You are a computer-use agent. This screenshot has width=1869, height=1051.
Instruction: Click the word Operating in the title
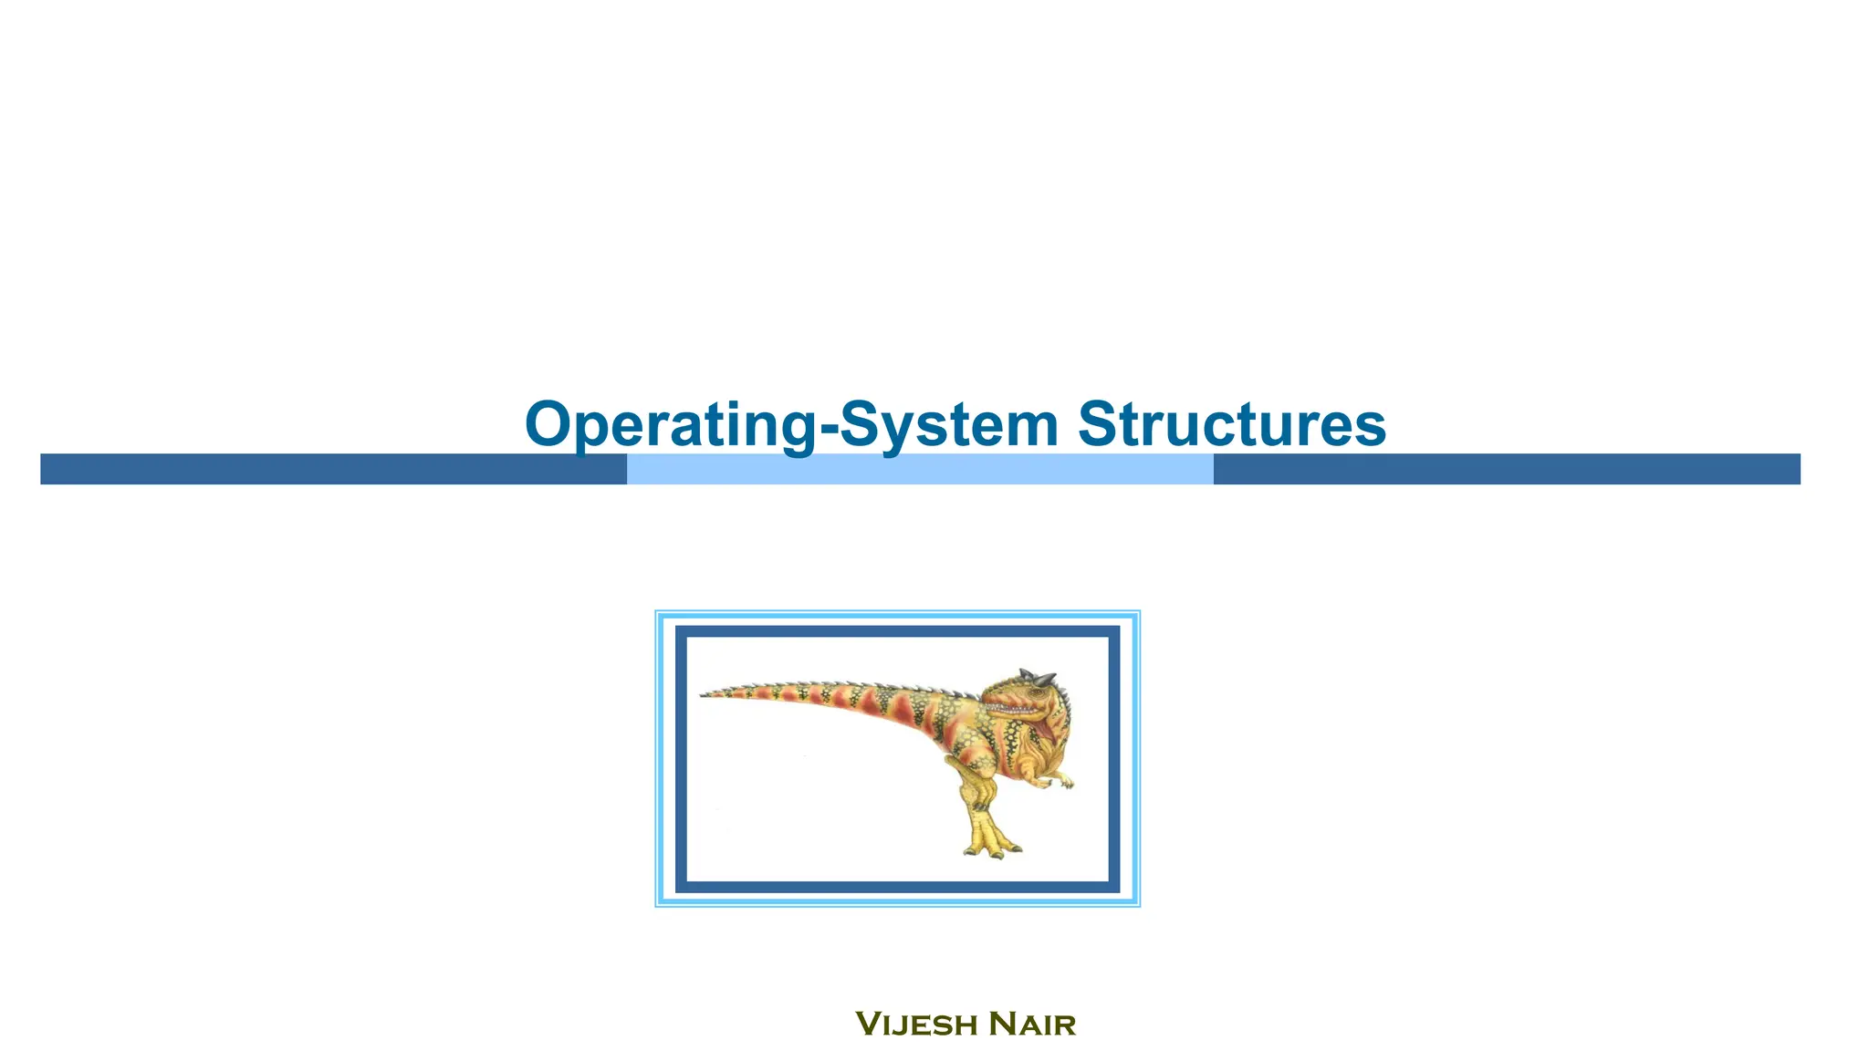[671, 425]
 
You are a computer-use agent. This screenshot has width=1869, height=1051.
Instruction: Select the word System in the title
[948, 425]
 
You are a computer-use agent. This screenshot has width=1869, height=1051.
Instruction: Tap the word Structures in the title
[1232, 425]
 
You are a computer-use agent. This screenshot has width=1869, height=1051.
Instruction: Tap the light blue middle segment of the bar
[920, 469]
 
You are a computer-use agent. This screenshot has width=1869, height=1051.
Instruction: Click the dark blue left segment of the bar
[333, 469]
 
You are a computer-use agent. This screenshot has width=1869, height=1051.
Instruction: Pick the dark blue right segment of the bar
[1507, 469]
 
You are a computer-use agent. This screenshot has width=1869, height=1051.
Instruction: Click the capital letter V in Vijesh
[868, 1024]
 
